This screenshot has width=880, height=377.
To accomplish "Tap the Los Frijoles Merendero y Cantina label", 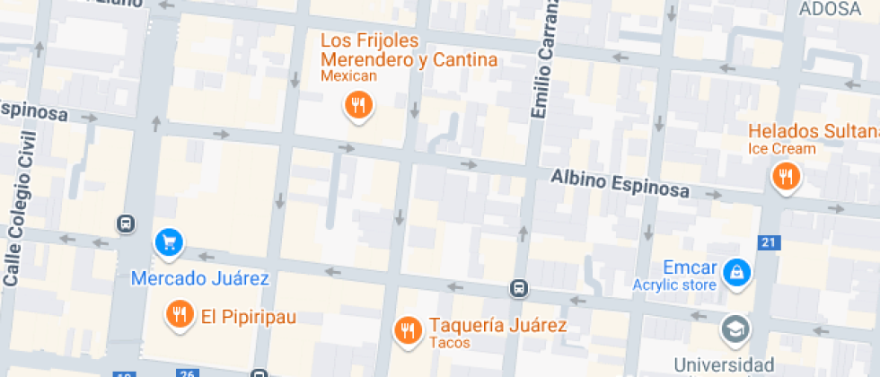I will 409,51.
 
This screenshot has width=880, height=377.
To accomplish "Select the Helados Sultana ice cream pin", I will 786,175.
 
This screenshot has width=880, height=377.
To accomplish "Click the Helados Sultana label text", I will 814,132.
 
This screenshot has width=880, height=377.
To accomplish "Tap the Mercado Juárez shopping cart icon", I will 168,241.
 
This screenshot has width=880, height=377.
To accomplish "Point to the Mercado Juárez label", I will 199,278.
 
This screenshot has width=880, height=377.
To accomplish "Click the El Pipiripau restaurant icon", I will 180,313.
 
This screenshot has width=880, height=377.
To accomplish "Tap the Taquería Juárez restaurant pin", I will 408,329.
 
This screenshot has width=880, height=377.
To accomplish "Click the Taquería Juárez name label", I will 497,325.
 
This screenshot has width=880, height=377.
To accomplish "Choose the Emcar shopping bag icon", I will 736,270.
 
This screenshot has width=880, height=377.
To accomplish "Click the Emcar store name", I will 690,267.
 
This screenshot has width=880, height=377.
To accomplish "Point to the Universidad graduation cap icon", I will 736,329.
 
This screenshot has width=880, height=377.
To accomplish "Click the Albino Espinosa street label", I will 620,183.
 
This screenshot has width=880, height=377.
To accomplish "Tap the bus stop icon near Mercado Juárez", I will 126,223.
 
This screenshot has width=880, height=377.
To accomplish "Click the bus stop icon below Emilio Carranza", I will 518,288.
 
